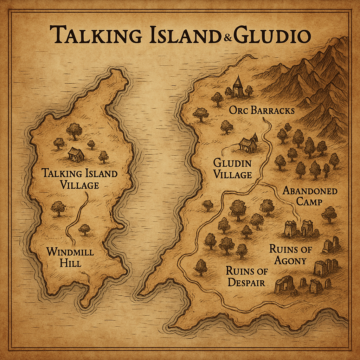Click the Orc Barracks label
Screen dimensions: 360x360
click(262, 110)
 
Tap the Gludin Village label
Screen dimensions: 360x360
click(233, 168)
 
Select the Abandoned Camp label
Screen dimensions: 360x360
click(310, 196)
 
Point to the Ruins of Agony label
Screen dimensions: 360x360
click(288, 255)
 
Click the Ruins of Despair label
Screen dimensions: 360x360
click(246, 276)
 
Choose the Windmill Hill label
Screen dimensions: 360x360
click(70, 257)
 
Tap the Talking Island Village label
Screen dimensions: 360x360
click(79, 179)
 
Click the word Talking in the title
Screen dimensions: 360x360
click(95, 36)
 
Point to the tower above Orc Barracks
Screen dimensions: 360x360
click(238, 86)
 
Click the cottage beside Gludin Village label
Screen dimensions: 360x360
click(249, 144)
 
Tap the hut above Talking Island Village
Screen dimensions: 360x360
click(76, 154)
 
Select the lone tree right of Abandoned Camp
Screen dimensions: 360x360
click(329, 213)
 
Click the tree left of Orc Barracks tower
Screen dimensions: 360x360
click(217, 99)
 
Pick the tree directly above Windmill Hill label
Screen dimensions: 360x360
click(84, 229)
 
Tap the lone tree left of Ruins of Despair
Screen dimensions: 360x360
click(201, 267)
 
